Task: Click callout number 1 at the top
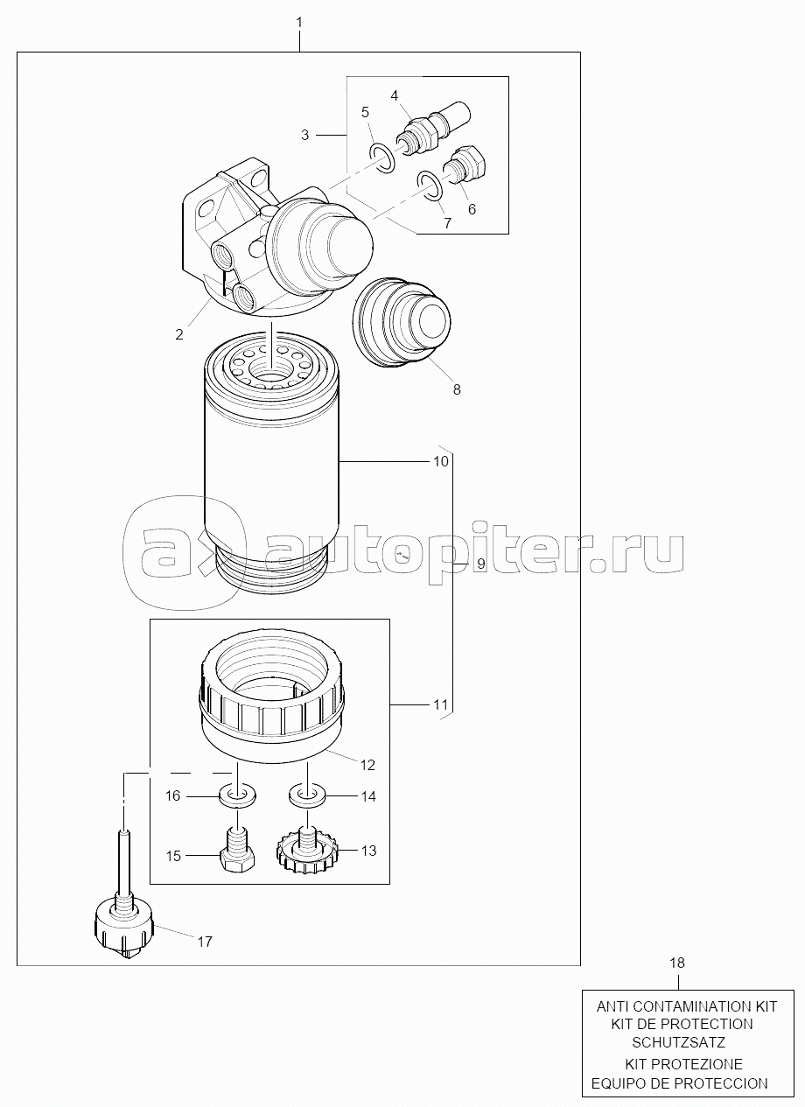tap(299, 19)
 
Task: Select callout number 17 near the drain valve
tap(204, 942)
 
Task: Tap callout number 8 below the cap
tap(456, 389)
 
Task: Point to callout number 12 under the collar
tap(367, 764)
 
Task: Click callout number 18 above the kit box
tap(677, 963)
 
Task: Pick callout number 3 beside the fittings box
tap(304, 135)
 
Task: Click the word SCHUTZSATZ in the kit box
tap(679, 1043)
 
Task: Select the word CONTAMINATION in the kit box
tap(682, 1006)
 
